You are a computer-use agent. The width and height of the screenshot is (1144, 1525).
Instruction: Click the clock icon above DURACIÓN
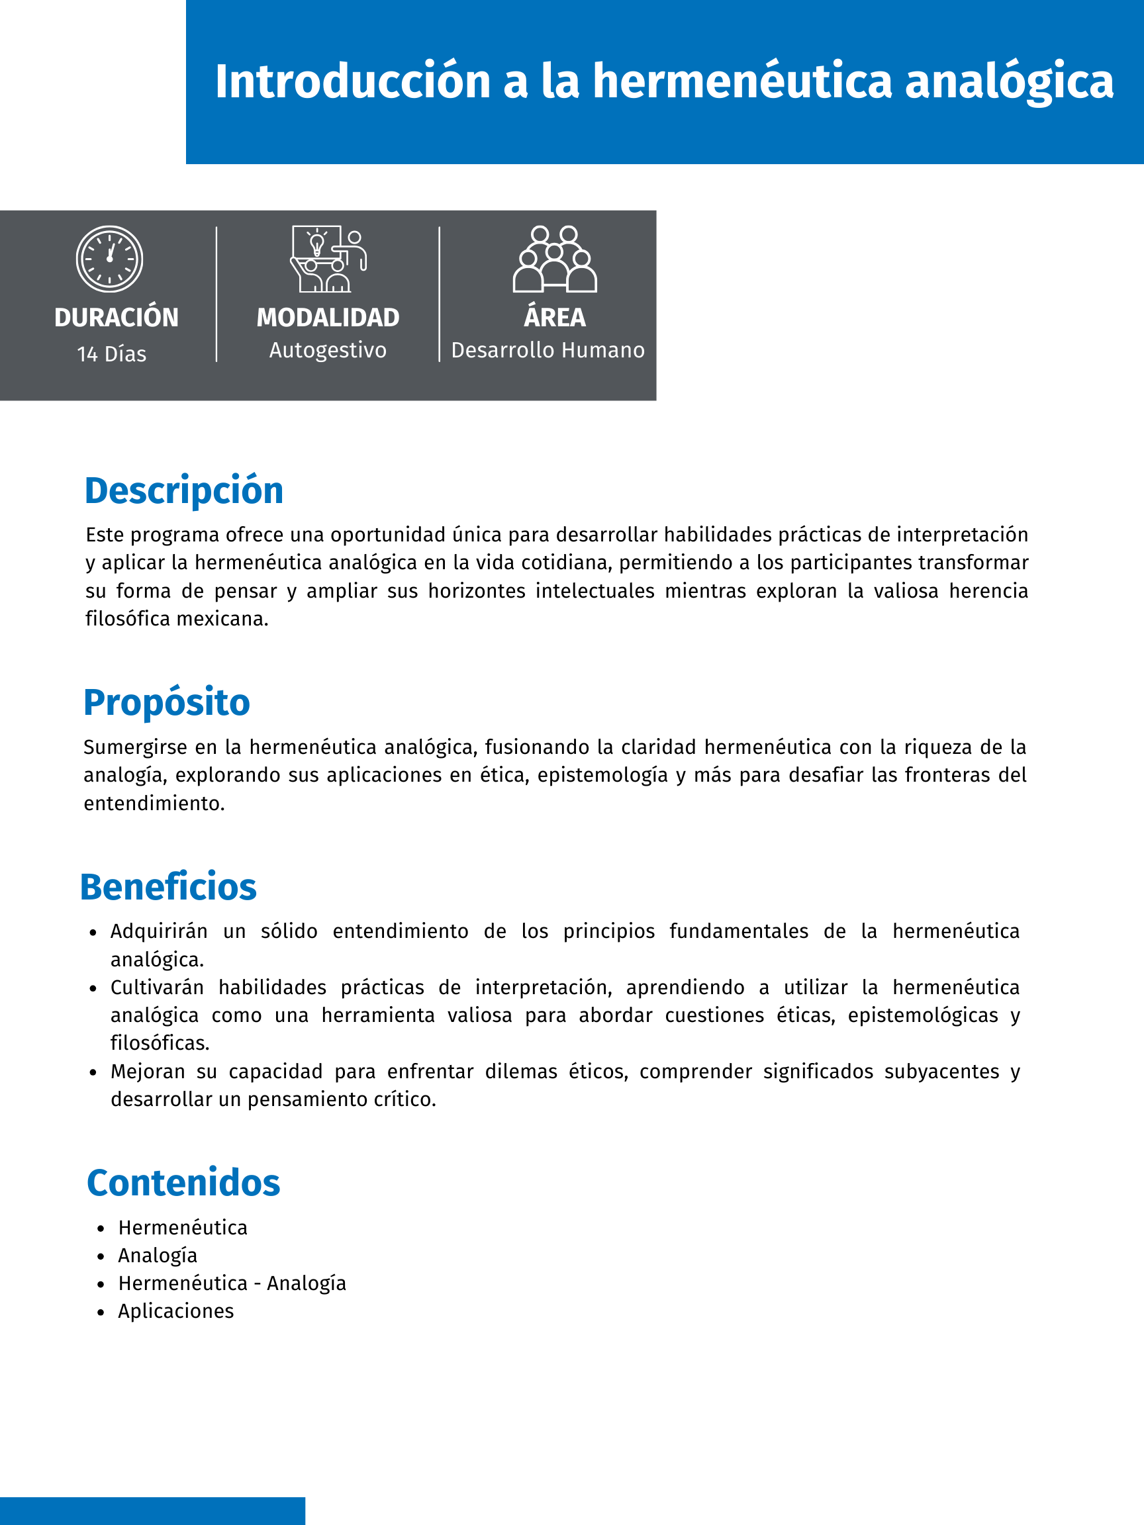pos(110,259)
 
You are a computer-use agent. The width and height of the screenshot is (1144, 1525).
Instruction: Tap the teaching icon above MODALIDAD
pos(328,259)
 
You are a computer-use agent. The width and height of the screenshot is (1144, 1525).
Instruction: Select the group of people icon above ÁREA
pos(554,259)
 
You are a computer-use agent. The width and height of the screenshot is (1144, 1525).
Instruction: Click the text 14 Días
pos(112,353)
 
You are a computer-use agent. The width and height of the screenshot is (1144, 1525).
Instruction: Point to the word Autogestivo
pos(328,350)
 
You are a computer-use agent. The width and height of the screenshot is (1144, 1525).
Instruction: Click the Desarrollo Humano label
pos(548,350)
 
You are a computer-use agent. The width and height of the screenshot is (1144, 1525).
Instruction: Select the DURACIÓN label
pos(117,317)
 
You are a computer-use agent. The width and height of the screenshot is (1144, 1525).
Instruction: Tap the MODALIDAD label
pos(328,317)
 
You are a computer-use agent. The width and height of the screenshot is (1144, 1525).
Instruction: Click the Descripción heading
pos(183,491)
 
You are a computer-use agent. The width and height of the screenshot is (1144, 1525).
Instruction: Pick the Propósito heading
pos(166,702)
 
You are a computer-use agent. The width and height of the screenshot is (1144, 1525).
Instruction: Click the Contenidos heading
pos(183,1183)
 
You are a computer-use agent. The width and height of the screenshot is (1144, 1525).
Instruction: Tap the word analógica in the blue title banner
pos(1009,81)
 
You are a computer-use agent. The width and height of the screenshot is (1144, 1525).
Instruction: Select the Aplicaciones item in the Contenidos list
pos(176,1311)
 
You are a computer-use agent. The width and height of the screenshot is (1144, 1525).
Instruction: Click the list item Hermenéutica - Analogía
pos(232,1283)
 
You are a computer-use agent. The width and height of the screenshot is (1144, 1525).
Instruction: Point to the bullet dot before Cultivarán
pos(93,989)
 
